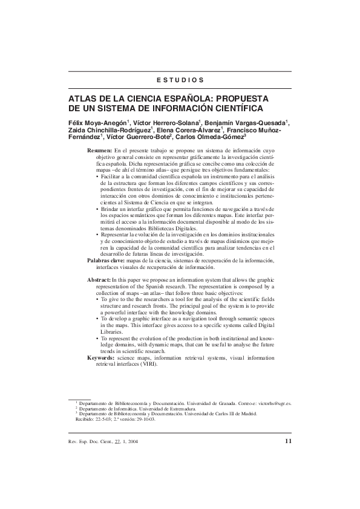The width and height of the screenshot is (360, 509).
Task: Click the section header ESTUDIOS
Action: tap(180, 80)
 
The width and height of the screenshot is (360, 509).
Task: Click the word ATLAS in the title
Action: tap(83, 99)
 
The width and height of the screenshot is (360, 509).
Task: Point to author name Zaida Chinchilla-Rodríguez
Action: tap(110, 130)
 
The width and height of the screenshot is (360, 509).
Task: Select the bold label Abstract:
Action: tap(99, 281)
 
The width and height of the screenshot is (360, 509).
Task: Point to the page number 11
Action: tap(287, 441)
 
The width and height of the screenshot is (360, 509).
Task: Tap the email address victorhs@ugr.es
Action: tap(272, 402)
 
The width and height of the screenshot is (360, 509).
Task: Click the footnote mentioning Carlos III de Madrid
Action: tap(163, 413)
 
